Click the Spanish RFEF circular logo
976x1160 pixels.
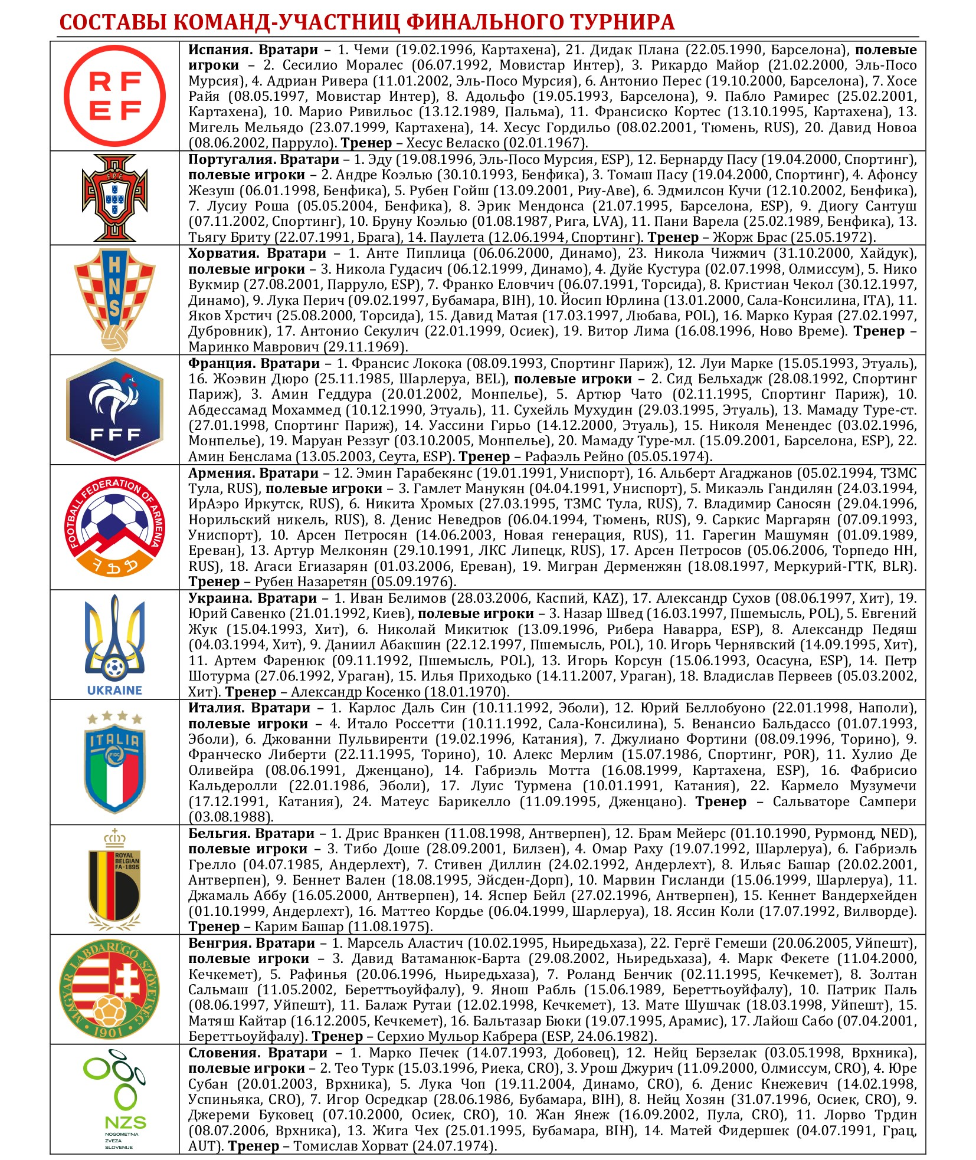[x=114, y=96]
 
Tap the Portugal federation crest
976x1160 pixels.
[x=114, y=198]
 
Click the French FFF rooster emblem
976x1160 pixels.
[x=114, y=409]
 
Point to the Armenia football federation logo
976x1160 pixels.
[x=114, y=527]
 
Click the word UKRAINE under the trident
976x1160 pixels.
[x=114, y=690]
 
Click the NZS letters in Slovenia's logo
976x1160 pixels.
[x=125, y=1122]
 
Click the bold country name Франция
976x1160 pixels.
[x=219, y=363]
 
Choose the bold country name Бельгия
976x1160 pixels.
[x=219, y=833]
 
